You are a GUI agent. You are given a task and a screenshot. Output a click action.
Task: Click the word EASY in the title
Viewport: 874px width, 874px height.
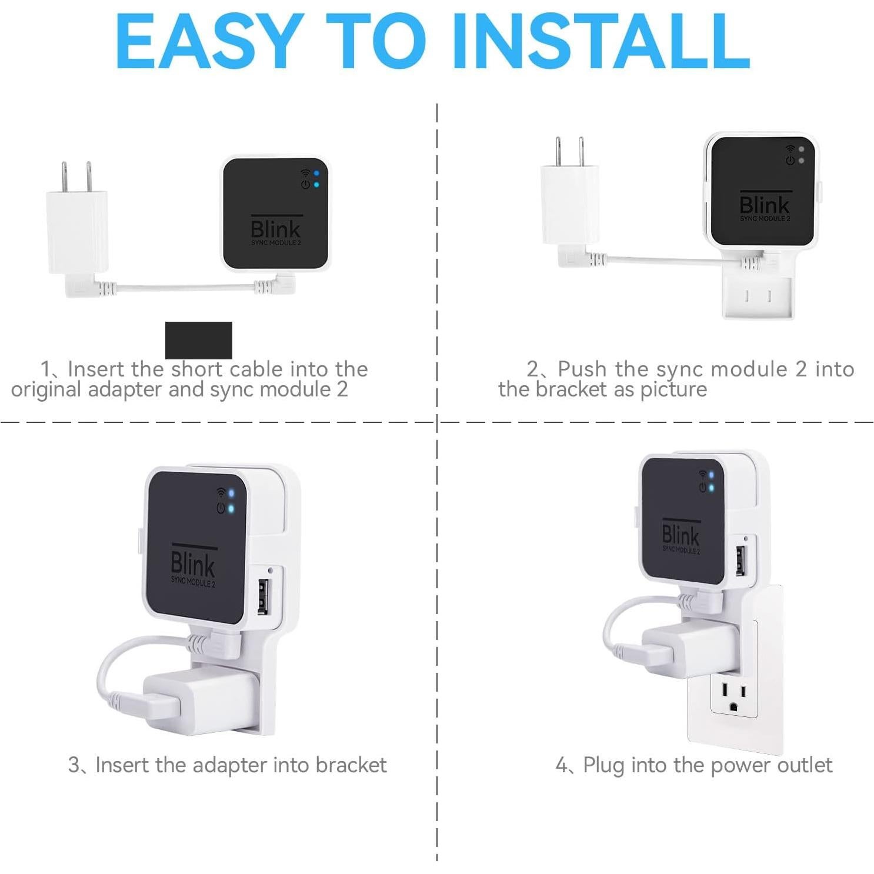tap(209, 42)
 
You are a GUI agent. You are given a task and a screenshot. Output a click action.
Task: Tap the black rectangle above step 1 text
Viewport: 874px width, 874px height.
tap(198, 340)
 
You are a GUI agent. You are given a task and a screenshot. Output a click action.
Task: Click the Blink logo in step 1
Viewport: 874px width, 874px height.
tap(275, 229)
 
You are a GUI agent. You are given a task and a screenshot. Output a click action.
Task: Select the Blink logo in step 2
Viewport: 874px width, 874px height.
tap(764, 205)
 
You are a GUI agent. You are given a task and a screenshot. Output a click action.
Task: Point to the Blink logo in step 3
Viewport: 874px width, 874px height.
tap(192, 563)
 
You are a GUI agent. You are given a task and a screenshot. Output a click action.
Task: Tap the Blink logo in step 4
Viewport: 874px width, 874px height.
tap(680, 535)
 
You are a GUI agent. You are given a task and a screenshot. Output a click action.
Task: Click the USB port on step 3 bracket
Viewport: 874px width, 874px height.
tap(263, 596)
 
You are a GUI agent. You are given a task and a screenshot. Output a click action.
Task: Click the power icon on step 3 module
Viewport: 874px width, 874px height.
tap(221, 508)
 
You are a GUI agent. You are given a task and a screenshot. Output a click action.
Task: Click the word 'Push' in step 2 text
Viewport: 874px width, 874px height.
tap(582, 369)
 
